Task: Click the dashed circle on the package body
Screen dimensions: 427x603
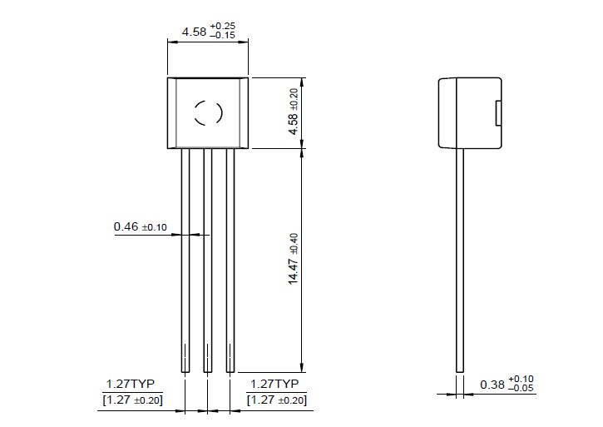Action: [x=207, y=112]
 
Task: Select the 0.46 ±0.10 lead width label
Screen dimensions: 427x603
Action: [x=141, y=226]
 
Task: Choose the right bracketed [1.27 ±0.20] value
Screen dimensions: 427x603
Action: [x=278, y=400]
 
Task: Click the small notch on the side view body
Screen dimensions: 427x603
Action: [x=498, y=112]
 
